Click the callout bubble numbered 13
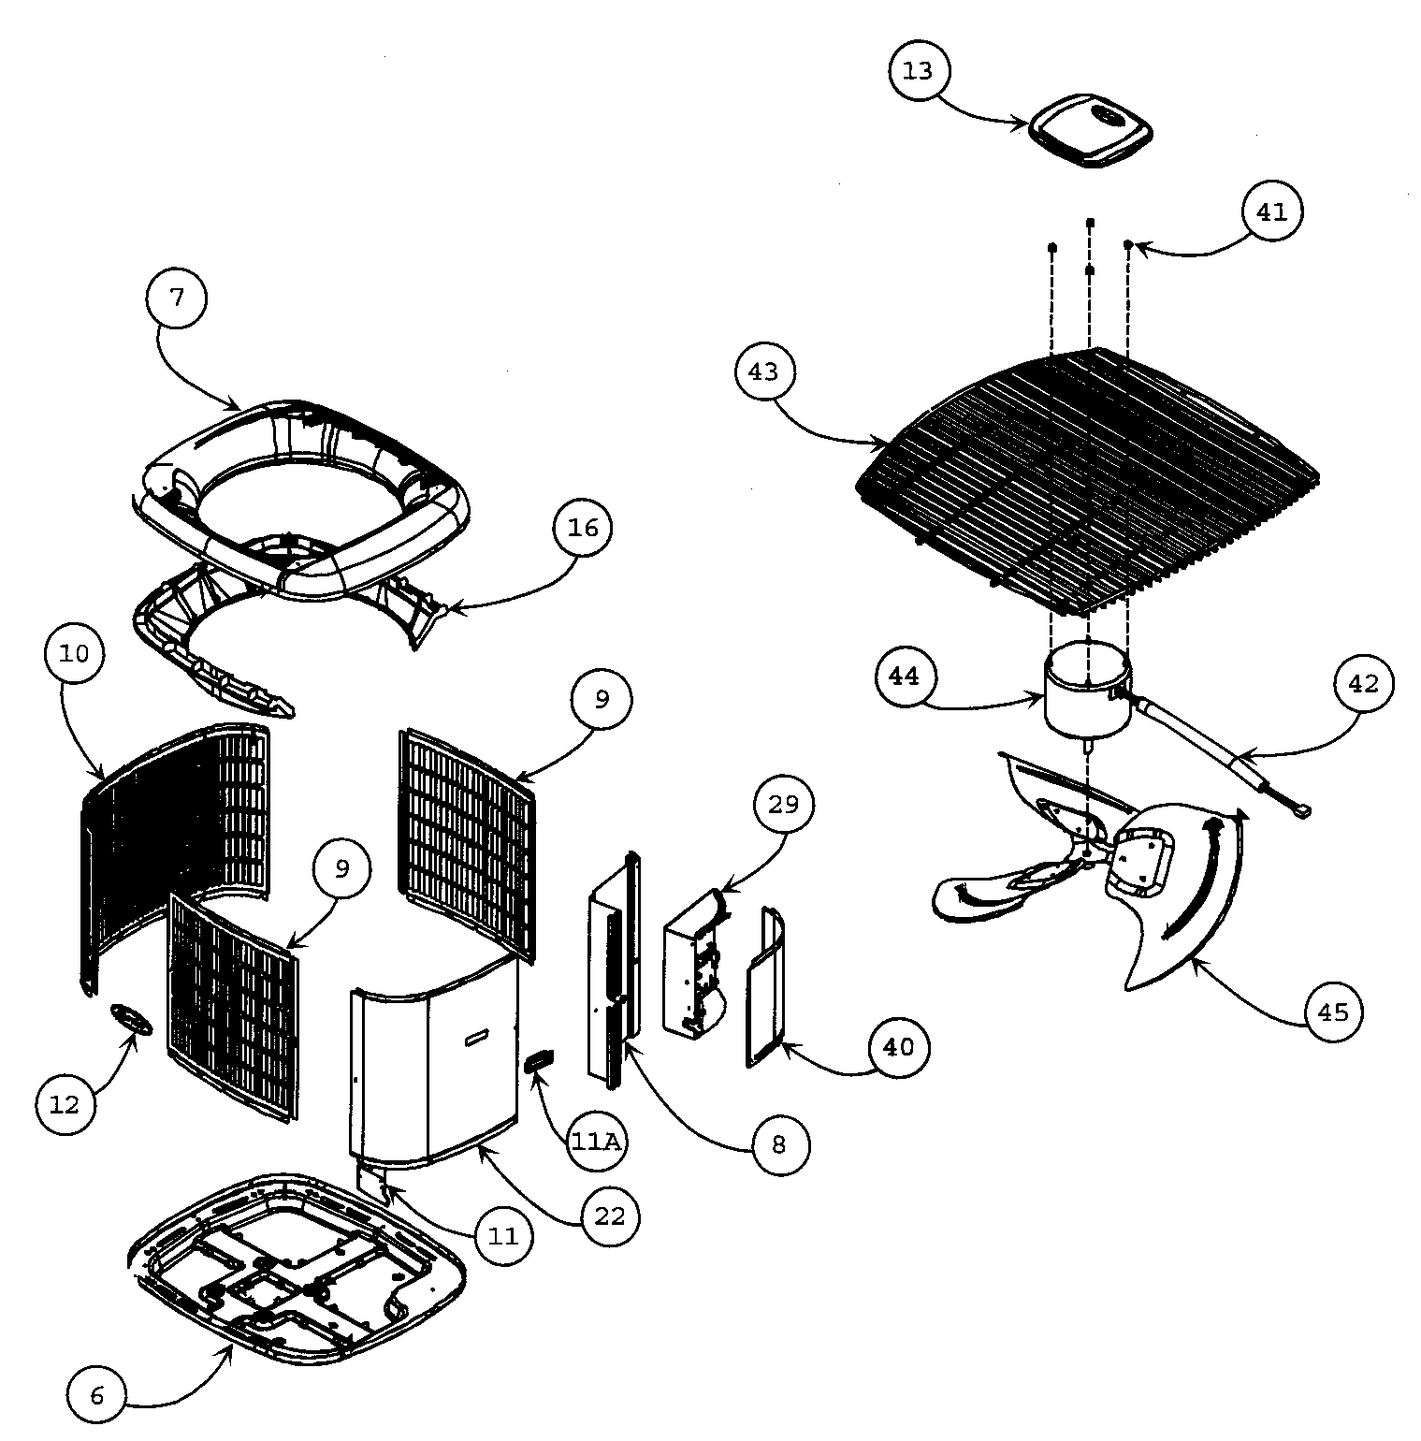pyautogui.click(x=919, y=71)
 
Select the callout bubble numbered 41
pyautogui.click(x=1271, y=212)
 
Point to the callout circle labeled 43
pyautogui.click(x=763, y=371)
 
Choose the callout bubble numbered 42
pyautogui.click(x=1363, y=684)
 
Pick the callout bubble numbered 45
pyautogui.click(x=1333, y=1012)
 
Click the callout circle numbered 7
pyautogui.click(x=177, y=298)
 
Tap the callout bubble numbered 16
pyautogui.click(x=583, y=528)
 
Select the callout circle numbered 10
pyautogui.click(x=74, y=653)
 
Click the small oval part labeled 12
pyautogui.click(x=132, y=1019)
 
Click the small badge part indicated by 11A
pyautogui.click(x=540, y=1060)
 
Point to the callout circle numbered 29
pyautogui.click(x=783, y=804)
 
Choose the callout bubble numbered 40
pyautogui.click(x=898, y=1047)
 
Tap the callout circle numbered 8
pyautogui.click(x=778, y=1144)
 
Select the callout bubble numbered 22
pyautogui.click(x=609, y=1217)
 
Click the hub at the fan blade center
pyautogui.click(x=1090, y=841)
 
